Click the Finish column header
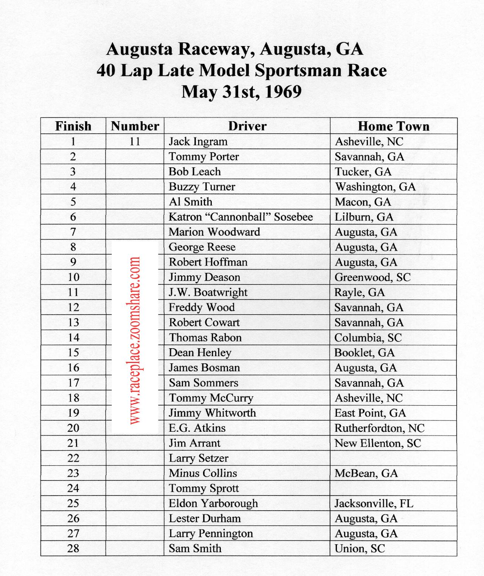click(73, 126)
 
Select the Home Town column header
click(393, 126)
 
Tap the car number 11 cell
click(135, 142)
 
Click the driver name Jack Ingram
click(198, 142)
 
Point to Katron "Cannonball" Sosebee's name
click(240, 217)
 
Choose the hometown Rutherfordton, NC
click(379, 428)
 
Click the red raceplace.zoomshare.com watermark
click(135, 340)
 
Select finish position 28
click(73, 548)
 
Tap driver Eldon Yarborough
click(213, 503)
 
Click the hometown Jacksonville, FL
click(374, 503)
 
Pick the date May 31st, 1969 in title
click(241, 92)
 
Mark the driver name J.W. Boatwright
click(208, 292)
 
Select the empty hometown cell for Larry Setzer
click(393, 458)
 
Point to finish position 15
click(73, 352)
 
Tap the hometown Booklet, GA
click(365, 352)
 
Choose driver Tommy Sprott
click(203, 488)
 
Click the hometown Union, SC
click(360, 548)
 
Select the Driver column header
click(247, 126)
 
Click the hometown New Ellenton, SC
click(377, 443)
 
